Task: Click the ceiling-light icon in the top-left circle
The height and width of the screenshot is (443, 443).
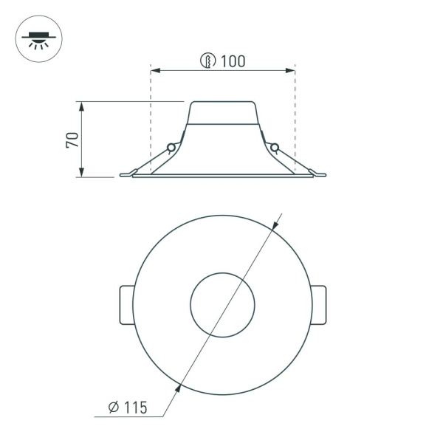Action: [x=38, y=38]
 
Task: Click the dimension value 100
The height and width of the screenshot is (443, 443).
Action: [x=233, y=61]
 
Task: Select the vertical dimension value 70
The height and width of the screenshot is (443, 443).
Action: [x=72, y=140]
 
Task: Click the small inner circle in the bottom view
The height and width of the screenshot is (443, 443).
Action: [x=222, y=304]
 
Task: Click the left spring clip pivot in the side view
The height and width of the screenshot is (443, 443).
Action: [x=172, y=148]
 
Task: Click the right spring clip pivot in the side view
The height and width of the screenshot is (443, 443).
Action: [x=274, y=148]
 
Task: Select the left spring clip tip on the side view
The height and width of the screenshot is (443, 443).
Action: [x=125, y=175]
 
